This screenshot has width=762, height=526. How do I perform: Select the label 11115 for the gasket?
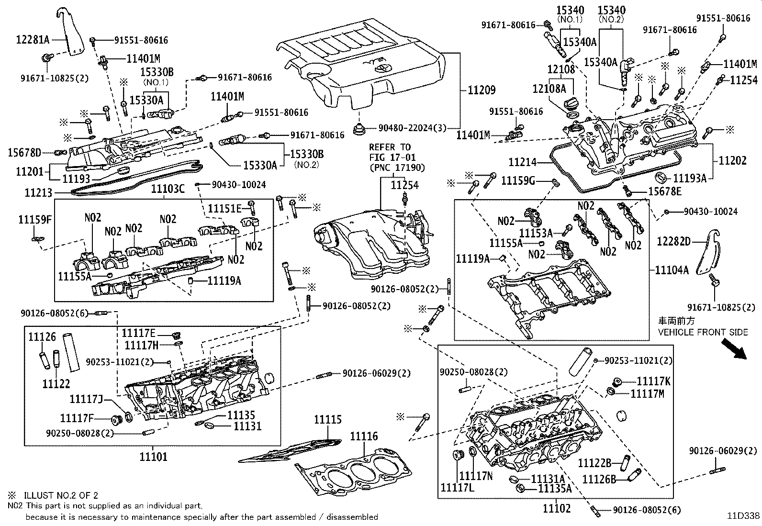pyautogui.click(x=328, y=420)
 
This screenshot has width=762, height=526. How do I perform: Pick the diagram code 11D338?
pyautogui.click(x=743, y=515)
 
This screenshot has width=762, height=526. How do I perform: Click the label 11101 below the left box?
pyautogui.click(x=154, y=457)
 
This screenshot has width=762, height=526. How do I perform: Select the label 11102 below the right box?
pyautogui.click(x=557, y=508)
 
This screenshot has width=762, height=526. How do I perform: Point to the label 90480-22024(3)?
pyautogui.click(x=412, y=128)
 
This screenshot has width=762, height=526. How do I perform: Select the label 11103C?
pyautogui.click(x=168, y=189)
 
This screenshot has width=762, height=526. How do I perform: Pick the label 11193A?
pyautogui.click(x=689, y=179)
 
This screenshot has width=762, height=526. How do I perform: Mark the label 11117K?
pyautogui.click(x=653, y=381)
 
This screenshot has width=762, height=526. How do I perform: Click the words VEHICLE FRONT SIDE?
pyautogui.click(x=703, y=332)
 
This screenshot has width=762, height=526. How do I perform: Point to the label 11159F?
pyautogui.click(x=34, y=220)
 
